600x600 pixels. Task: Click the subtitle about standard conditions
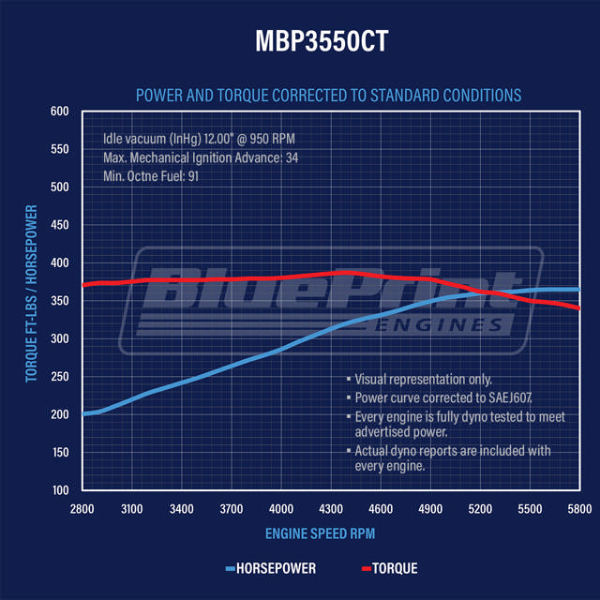[328, 96]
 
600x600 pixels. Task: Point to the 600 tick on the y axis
[59, 112]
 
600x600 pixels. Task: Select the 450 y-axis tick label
[59, 225]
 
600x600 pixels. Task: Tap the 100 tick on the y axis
[59, 490]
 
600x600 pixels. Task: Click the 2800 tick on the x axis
[83, 508]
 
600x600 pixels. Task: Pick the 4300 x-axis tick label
[331, 508]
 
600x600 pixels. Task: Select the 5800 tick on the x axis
[579, 508]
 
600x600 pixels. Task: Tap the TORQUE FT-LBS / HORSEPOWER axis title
[32, 292]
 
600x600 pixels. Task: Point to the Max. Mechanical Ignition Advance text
[201, 157]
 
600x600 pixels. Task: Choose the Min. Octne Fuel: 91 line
[151, 175]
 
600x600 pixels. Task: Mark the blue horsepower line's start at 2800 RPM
[84, 413]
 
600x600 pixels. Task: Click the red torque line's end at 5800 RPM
[578, 307]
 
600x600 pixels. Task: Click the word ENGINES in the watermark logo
[451, 324]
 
